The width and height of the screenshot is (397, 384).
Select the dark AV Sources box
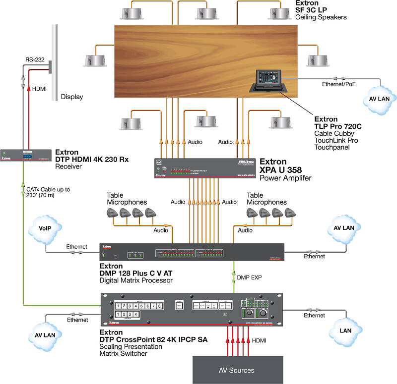tap(236, 370)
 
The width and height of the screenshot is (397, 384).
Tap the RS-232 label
tap(35, 60)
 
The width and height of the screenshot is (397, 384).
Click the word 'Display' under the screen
tap(72, 97)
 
